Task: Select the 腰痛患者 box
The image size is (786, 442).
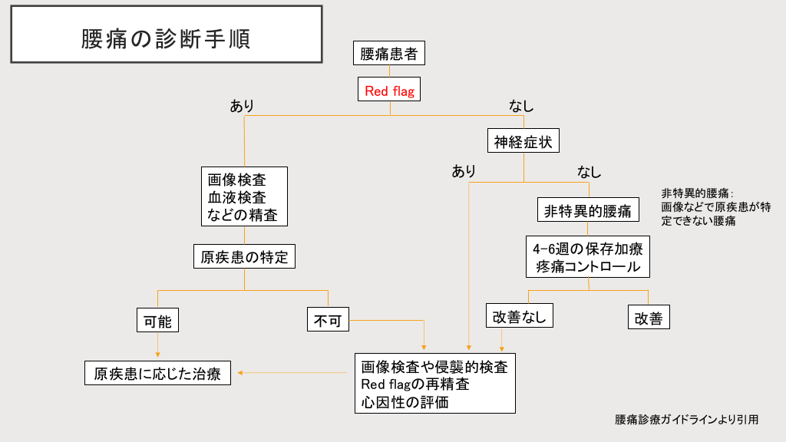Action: [389, 54]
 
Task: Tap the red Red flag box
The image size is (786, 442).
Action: [389, 91]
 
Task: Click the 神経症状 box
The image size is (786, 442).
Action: [523, 141]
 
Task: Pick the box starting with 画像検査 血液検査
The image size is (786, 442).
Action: [244, 197]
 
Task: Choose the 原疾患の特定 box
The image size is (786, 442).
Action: [244, 257]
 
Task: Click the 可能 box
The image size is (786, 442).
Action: [157, 321]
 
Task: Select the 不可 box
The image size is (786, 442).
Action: [328, 321]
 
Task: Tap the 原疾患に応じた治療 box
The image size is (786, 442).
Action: [157, 374]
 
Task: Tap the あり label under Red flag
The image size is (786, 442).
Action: [243, 106]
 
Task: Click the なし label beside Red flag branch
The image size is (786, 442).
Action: [521, 106]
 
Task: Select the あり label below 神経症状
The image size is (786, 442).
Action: [464, 171]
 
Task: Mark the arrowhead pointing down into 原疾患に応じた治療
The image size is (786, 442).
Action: [157, 355]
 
